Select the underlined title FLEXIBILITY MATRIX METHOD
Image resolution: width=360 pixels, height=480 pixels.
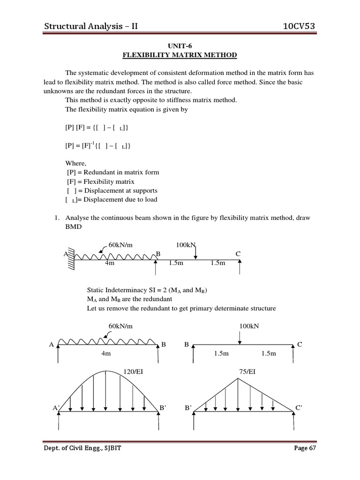180,55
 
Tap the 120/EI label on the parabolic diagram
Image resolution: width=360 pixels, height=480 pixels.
133,372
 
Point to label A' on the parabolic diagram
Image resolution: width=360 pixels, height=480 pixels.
55,408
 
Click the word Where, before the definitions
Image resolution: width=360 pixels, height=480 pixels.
75,163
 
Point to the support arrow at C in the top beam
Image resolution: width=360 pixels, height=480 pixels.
240,267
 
